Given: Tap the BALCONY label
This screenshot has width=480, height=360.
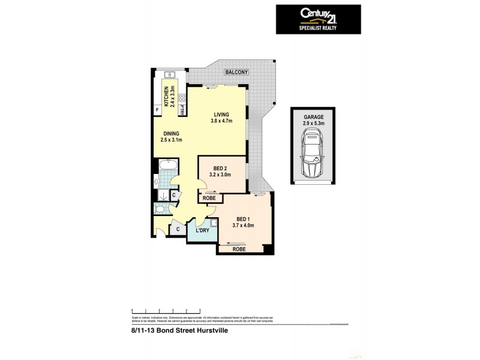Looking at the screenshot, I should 236,73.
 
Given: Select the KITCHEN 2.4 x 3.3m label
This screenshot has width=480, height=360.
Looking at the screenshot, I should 170,97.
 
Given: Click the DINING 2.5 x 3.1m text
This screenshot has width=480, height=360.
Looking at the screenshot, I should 171,137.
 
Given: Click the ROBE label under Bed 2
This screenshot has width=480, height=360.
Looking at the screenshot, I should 209,197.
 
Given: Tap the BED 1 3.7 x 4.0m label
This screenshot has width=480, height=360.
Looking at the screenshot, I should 243,223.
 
